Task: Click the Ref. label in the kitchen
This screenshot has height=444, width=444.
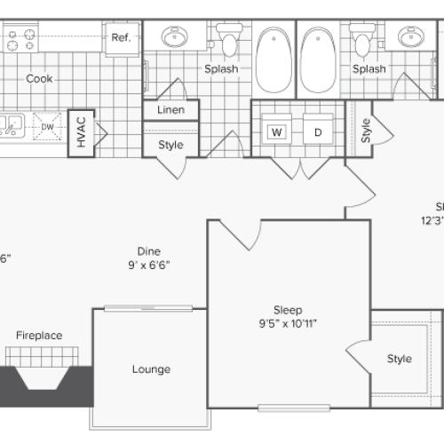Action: point(120,37)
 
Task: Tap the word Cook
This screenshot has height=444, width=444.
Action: point(39,78)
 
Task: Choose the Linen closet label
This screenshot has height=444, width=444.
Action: point(170,110)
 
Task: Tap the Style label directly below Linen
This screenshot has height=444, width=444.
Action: point(170,144)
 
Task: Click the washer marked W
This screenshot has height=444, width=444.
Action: point(277,132)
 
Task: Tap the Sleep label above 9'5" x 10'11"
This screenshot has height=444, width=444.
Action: point(288,310)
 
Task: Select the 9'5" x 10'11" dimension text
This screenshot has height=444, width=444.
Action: point(288,323)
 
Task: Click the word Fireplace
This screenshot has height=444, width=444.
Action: point(39,335)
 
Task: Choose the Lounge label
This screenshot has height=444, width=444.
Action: point(151,369)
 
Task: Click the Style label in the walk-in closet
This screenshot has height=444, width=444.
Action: point(400,359)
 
